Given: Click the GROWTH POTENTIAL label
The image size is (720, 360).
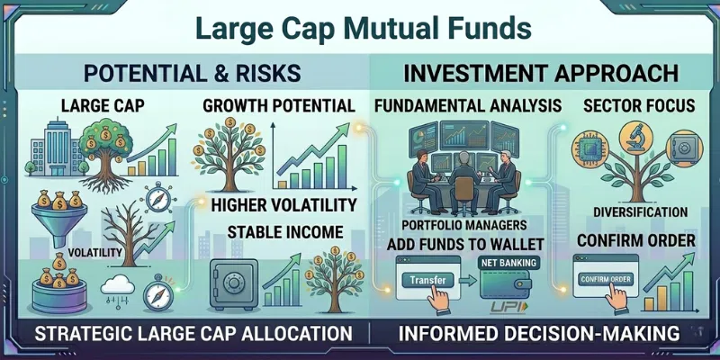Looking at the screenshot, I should point(278,106).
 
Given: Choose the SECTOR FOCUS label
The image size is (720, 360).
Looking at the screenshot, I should point(638,106).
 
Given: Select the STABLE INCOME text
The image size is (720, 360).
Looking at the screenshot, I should point(283,232).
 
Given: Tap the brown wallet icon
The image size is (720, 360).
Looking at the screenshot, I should point(509,283).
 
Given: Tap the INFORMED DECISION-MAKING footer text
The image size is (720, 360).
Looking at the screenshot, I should point(538,334).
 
